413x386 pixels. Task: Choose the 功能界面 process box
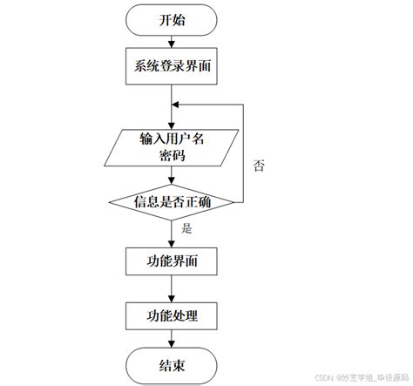(172, 261)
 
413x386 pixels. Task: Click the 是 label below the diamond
(186, 228)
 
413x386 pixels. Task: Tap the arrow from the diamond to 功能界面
(172, 234)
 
